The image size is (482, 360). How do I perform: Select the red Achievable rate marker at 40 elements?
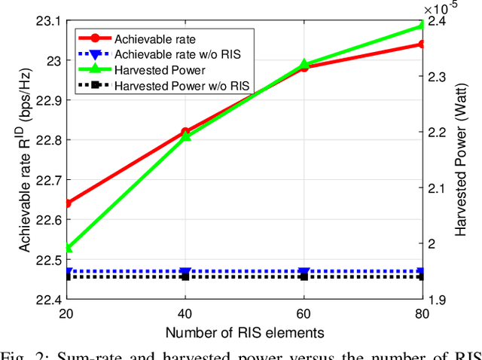(x=186, y=133)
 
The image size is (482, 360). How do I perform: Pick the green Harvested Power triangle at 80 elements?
(x=421, y=26)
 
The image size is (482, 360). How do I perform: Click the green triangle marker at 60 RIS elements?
(x=304, y=65)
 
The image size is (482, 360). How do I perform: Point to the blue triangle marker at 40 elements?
(x=186, y=272)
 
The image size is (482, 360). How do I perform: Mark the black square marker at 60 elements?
(x=304, y=276)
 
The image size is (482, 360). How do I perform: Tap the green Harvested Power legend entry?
(x=160, y=70)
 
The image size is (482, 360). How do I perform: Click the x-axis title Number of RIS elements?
(x=244, y=332)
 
